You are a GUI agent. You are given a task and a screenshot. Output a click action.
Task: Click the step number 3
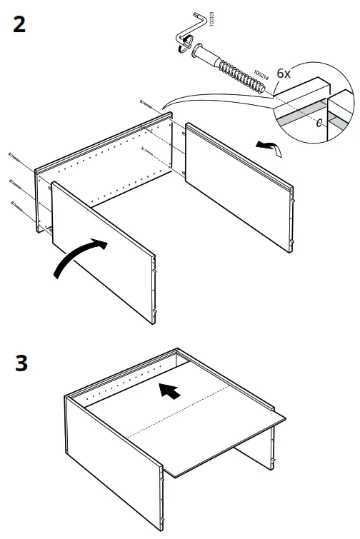click(21, 362)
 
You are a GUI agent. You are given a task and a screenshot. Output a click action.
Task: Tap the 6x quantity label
click(284, 74)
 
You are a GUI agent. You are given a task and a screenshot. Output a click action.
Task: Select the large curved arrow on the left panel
click(78, 258)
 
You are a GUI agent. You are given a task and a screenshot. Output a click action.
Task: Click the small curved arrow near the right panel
click(269, 146)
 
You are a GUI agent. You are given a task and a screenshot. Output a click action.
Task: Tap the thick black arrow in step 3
click(168, 391)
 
